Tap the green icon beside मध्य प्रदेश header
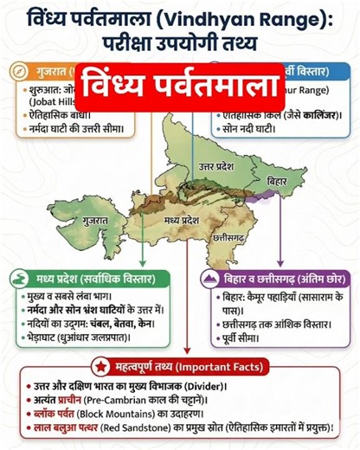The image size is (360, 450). point(18,278)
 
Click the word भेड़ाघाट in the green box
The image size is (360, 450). point(42,338)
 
